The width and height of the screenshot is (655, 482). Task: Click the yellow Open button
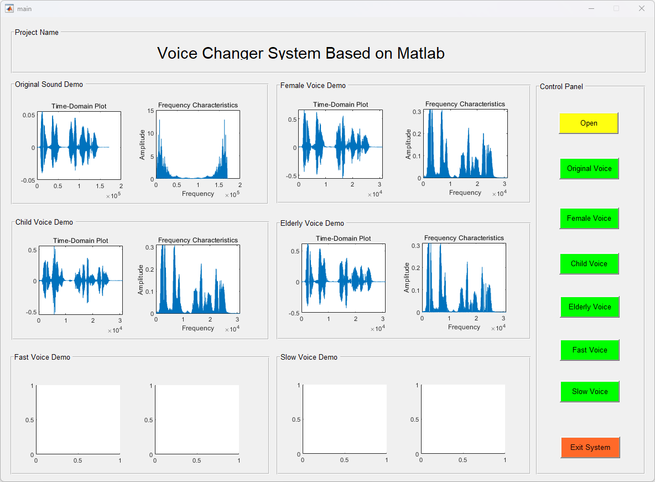588,123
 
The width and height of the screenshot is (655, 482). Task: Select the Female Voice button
589,218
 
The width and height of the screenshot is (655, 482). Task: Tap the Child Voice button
589,263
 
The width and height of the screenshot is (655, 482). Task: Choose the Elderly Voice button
589,307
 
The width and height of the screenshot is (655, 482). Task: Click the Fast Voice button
589,350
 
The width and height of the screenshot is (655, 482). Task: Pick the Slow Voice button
589,391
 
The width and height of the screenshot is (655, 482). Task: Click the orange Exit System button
590,447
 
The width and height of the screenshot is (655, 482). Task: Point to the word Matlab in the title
421,53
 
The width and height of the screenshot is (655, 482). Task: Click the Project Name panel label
37,33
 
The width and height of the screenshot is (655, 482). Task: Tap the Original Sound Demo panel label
49,85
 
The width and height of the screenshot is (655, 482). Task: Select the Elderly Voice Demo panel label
312,224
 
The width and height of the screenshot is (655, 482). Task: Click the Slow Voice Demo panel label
309,357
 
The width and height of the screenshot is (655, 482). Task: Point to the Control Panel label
561,86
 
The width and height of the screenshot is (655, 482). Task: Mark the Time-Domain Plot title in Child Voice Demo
81,241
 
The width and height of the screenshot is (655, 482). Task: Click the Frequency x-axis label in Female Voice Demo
465,193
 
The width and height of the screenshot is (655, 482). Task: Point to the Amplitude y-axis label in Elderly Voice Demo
407,277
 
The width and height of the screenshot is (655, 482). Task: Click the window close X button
641,8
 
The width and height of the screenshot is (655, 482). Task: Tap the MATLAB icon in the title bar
9,8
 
